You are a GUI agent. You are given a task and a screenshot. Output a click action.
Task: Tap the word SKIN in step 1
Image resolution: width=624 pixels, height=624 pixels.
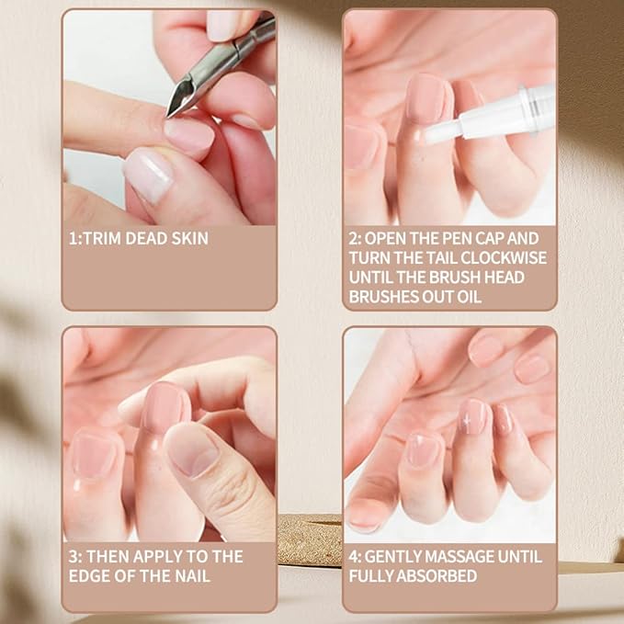point(188,238)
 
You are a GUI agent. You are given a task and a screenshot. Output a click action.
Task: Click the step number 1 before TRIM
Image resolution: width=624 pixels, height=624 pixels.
point(72,238)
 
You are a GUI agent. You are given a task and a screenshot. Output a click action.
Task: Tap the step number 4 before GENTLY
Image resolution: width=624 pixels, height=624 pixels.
point(354,556)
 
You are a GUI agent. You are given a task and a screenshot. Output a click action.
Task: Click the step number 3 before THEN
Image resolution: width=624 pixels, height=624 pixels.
point(74,556)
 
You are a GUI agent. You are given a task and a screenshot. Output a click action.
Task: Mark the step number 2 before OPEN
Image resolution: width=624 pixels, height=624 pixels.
point(354,238)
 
